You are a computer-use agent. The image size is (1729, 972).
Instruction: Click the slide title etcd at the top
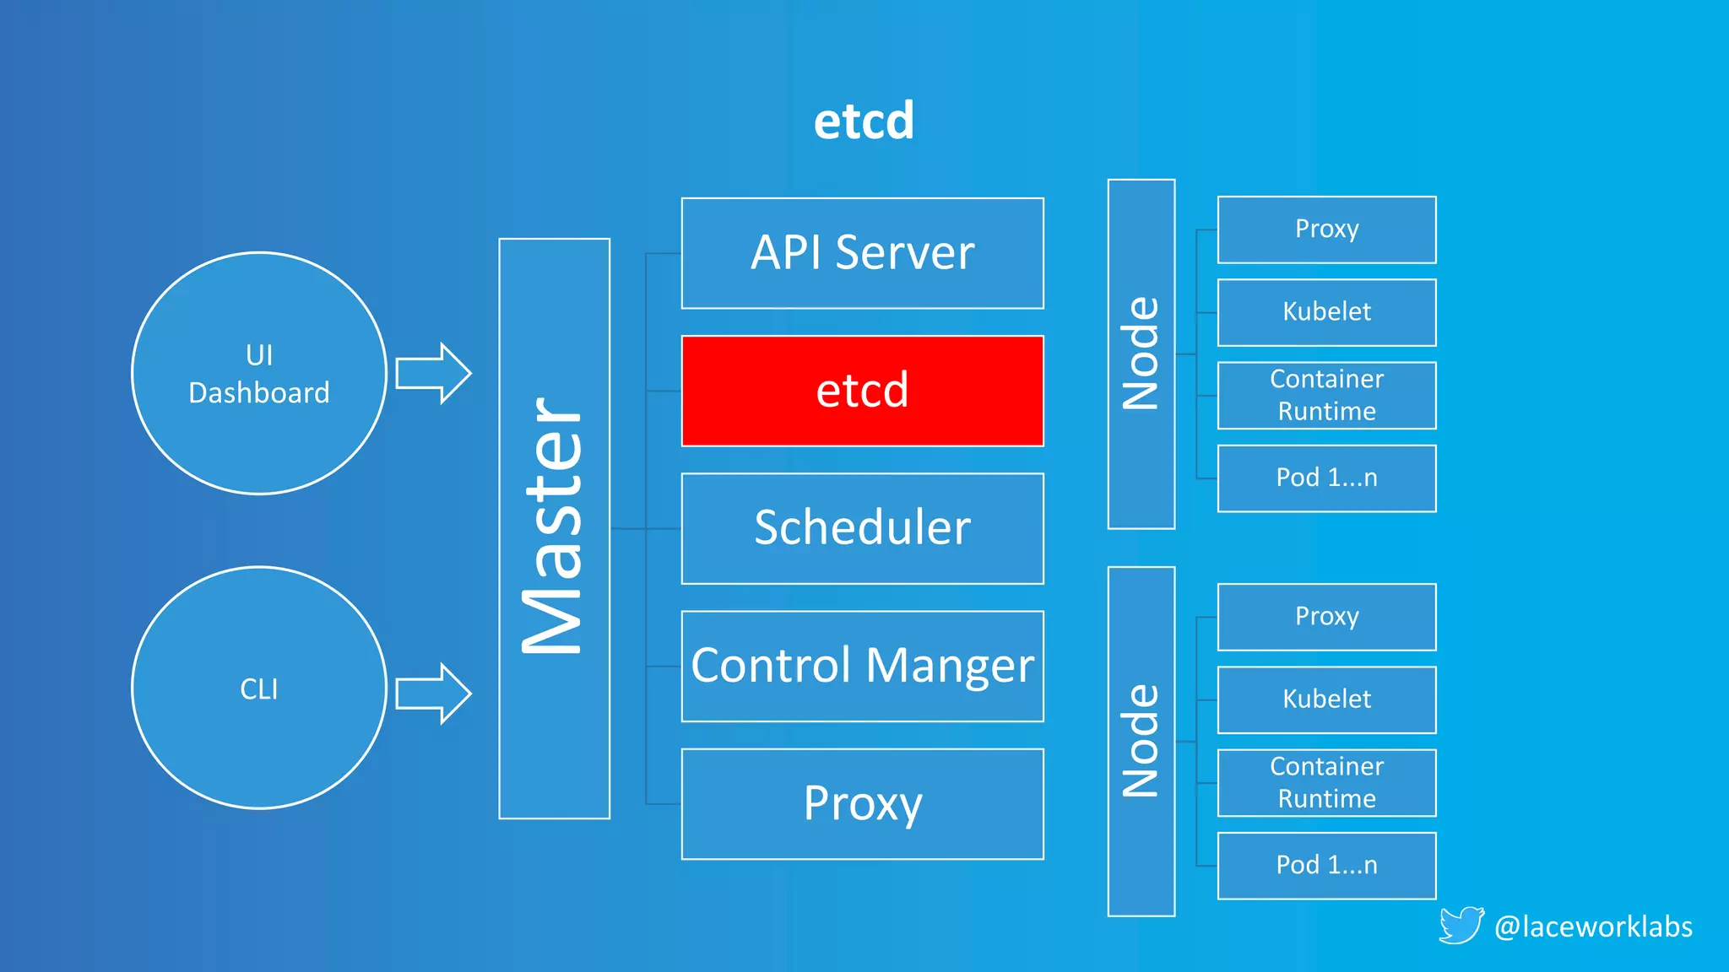click(864, 121)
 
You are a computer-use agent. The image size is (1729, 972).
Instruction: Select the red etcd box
click(862, 391)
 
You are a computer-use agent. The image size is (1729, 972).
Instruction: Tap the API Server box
click(862, 253)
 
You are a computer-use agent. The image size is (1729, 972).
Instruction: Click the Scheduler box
click(862, 528)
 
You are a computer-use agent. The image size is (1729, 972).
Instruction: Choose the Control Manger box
click(862, 666)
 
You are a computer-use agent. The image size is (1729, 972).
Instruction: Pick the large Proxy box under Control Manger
click(862, 803)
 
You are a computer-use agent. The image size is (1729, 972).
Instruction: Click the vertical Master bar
click(554, 528)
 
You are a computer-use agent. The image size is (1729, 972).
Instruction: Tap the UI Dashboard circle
click(259, 373)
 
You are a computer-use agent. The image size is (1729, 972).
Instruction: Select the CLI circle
click(259, 688)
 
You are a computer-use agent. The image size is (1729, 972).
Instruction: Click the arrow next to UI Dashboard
click(433, 373)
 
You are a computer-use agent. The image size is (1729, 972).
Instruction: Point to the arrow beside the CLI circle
click(433, 694)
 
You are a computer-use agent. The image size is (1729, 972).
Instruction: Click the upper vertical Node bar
click(1141, 354)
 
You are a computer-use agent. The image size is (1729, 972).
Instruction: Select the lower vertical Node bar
click(1141, 741)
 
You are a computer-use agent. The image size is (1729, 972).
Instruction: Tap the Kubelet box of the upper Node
click(1326, 312)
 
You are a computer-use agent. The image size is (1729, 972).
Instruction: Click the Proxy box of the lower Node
click(1326, 617)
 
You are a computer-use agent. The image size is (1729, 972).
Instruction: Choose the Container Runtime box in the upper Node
click(1326, 395)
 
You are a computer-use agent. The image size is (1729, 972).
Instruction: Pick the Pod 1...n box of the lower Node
click(1326, 865)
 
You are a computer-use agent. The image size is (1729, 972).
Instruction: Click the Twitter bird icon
click(1461, 925)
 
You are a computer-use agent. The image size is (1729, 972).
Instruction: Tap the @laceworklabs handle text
click(1592, 926)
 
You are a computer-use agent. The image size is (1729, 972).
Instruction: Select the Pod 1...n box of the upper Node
click(1326, 478)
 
